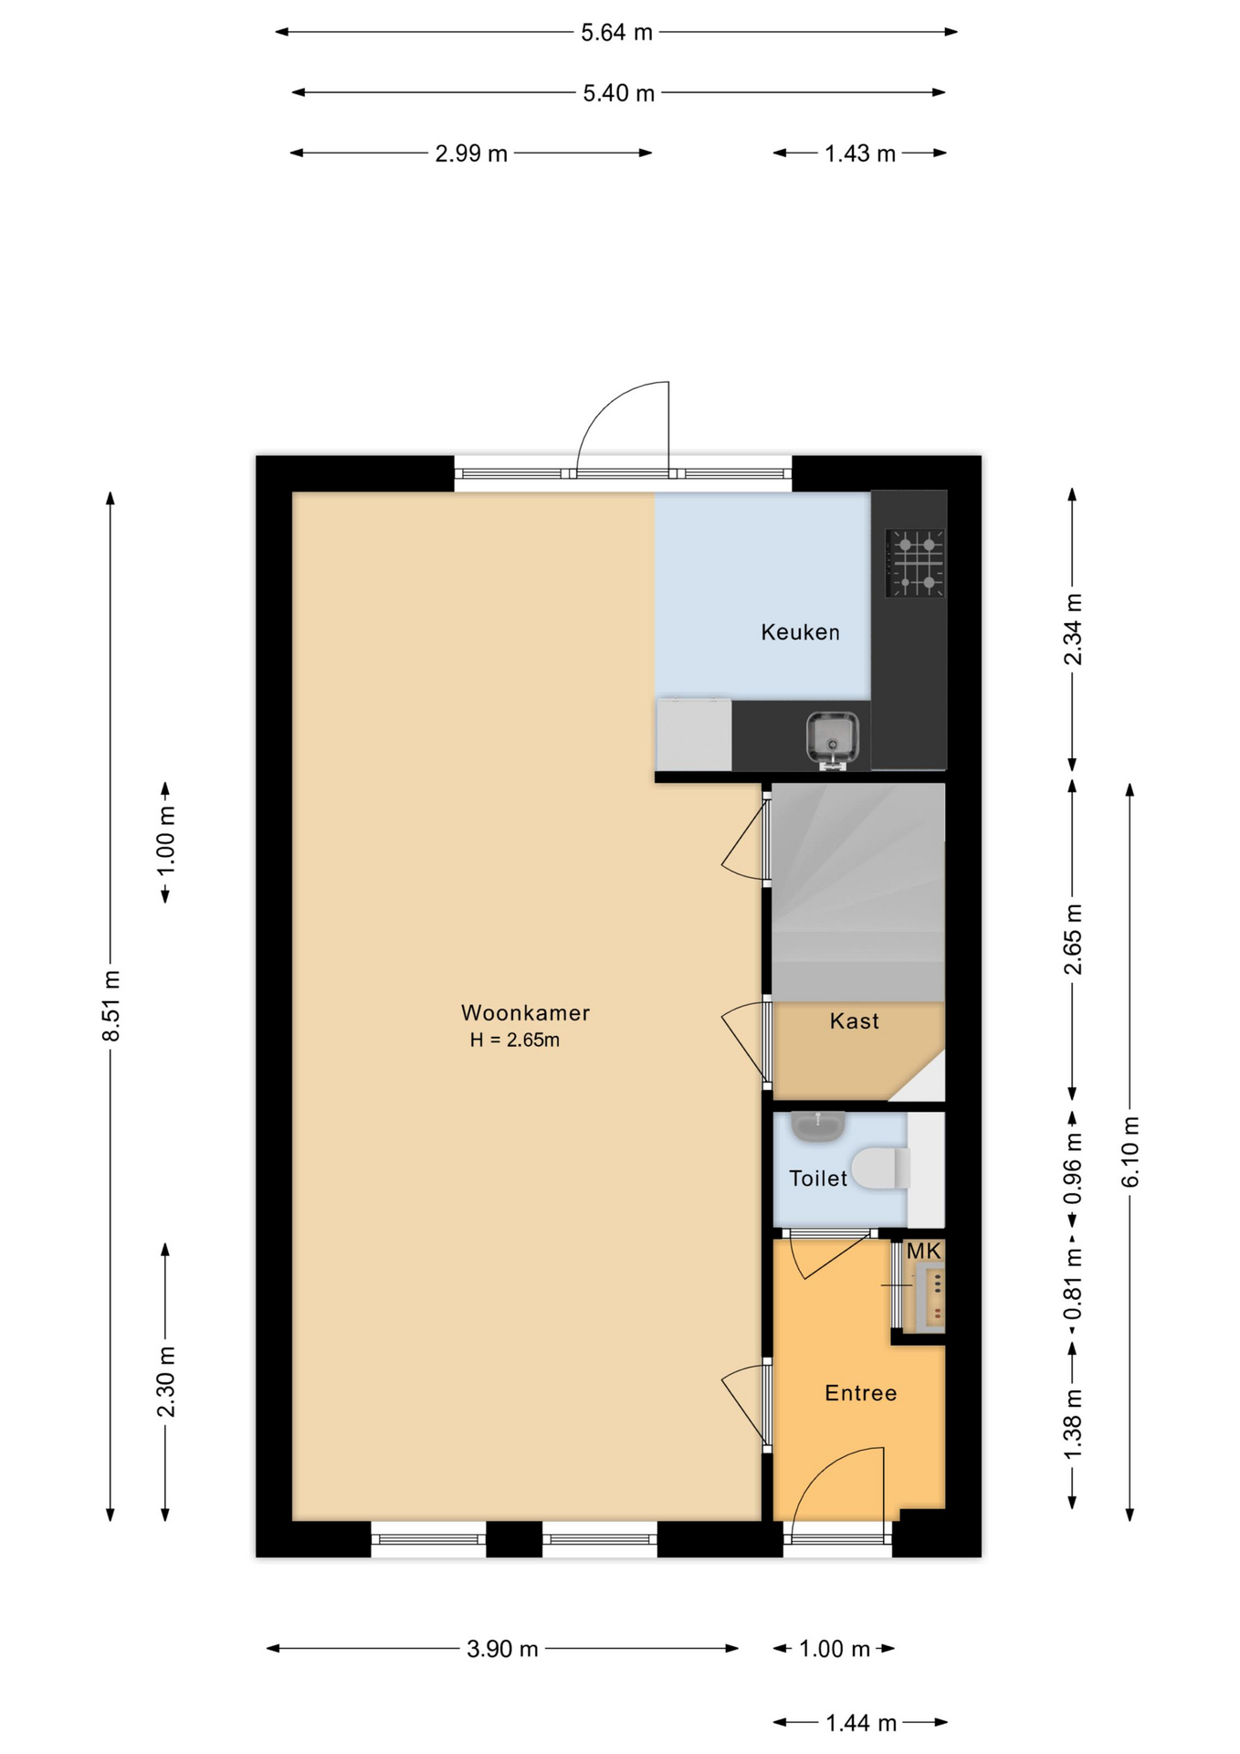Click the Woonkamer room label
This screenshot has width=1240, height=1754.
click(x=525, y=1012)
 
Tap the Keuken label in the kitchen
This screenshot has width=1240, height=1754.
click(x=800, y=632)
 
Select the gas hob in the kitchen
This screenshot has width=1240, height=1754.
click(x=915, y=563)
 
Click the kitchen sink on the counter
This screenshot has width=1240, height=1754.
click(x=832, y=738)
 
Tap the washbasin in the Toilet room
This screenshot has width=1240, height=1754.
click(x=817, y=1126)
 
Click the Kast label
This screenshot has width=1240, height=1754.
click(x=855, y=1021)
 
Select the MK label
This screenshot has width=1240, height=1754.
click(x=923, y=1251)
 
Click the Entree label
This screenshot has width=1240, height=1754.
click(x=860, y=1393)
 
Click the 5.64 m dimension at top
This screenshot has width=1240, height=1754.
click(x=617, y=33)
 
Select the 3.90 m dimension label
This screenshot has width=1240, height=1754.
click(x=502, y=1649)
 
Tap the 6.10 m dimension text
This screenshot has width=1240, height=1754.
click(x=1130, y=1152)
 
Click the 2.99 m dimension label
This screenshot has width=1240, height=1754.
click(x=471, y=153)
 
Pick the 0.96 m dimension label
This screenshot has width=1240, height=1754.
click(x=1073, y=1168)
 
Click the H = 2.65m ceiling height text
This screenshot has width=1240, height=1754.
click(x=515, y=1040)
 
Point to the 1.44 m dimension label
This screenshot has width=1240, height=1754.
click(x=861, y=1723)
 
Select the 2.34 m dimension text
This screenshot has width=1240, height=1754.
click(x=1073, y=629)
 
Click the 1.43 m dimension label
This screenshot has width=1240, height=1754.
click(x=860, y=153)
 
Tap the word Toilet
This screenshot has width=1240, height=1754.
click(x=818, y=1178)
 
